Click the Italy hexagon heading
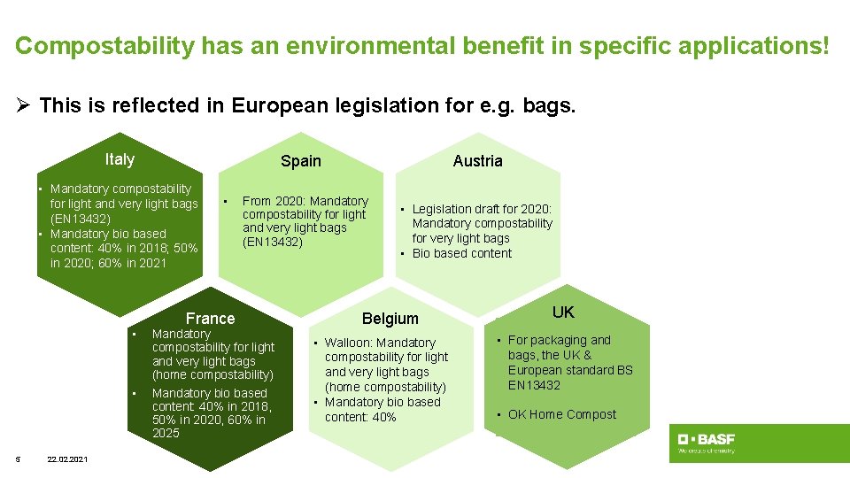(120, 159)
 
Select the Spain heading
(301, 161)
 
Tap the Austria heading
(477, 161)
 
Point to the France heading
(211, 319)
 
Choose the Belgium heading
(390, 319)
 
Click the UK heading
(563, 312)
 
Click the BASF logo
(706, 443)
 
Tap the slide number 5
(18, 458)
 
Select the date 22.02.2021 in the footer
(67, 458)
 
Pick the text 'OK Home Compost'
(562, 414)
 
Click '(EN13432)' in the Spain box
(273, 242)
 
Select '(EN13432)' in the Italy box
(81, 219)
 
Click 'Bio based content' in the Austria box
(461, 253)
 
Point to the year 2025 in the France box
(166, 433)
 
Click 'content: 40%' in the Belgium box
(360, 417)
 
